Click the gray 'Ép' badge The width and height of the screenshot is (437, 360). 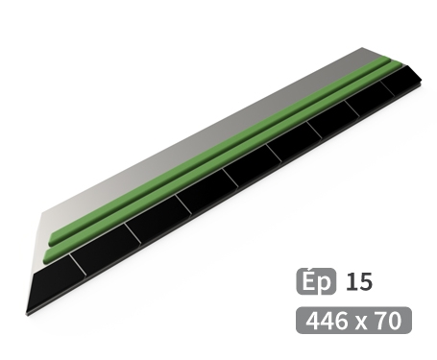(316, 281)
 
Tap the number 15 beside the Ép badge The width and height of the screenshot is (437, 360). (359, 282)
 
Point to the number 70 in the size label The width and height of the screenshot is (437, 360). (388, 321)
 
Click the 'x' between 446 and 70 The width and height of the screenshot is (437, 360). (361, 323)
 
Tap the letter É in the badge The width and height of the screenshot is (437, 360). (307, 280)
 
